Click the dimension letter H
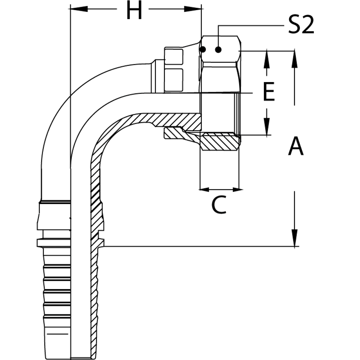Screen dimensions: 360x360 [x=134, y=10]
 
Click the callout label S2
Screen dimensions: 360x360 [x=301, y=26]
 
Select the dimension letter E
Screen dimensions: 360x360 [x=269, y=91]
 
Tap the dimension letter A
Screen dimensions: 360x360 [x=296, y=146]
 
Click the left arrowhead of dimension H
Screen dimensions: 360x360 [x=78, y=9]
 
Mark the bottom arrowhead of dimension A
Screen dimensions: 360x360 [x=294, y=238]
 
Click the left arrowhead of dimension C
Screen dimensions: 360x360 [x=204, y=190]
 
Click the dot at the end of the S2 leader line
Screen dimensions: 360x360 [x=219, y=49]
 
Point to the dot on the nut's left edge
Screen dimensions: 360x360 [x=202, y=49]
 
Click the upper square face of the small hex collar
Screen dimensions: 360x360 [x=174, y=56]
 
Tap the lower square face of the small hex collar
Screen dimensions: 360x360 [x=174, y=80]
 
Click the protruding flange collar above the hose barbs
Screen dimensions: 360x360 [x=54, y=242]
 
